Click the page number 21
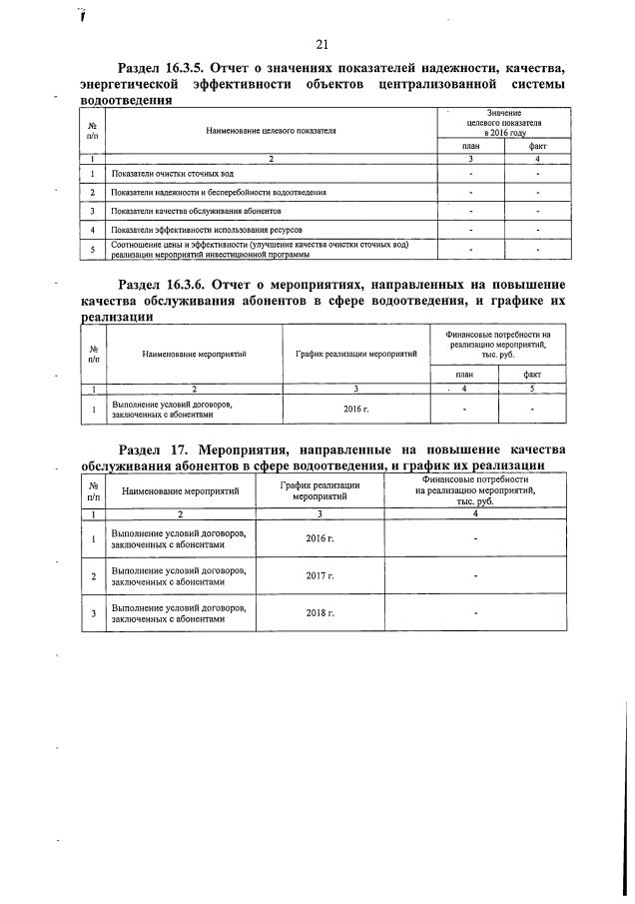click(321, 44)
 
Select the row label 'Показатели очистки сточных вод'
click(169, 174)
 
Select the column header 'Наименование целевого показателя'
click(271, 130)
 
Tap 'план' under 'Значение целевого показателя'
click(470, 146)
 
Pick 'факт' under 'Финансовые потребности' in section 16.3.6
click(532, 374)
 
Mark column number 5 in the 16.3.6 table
click(532, 389)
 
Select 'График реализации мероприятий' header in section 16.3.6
click(355, 354)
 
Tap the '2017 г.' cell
click(319, 576)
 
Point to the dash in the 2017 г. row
click(475, 576)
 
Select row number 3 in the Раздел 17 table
click(93, 613)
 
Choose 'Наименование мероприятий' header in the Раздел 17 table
click(181, 491)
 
